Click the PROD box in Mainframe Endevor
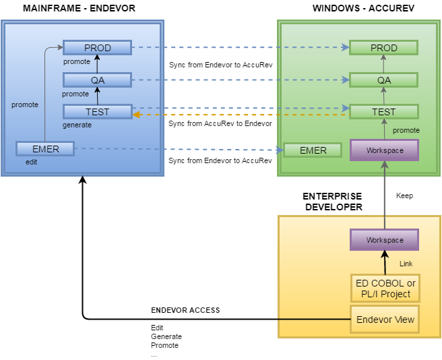[98, 48]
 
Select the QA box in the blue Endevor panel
[98, 80]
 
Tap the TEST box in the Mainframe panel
[98, 112]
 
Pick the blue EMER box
[46, 149]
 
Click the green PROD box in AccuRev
[383, 48]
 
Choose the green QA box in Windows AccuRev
[383, 80]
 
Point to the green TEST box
[383, 112]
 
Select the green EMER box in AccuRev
[313, 150]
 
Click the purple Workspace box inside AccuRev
[385, 150]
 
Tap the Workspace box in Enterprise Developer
[385, 240]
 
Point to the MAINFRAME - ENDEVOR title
[79, 8]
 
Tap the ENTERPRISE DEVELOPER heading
[332, 202]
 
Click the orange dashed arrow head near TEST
[135, 115]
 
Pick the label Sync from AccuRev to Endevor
[220, 123]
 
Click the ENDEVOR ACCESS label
[185, 311]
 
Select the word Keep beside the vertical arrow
[404, 196]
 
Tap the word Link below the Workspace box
[406, 264]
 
